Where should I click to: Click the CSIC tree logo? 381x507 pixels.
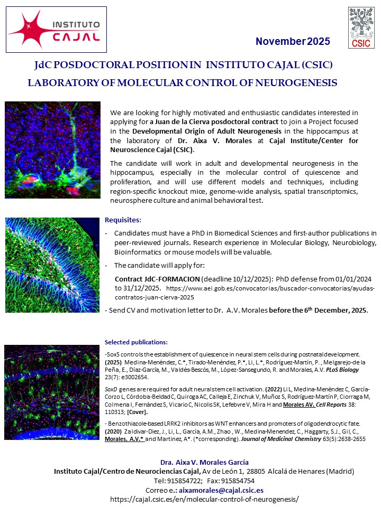(362, 27)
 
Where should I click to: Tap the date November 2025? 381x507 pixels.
(293, 42)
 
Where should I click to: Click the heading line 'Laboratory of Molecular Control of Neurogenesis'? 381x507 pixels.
(182, 83)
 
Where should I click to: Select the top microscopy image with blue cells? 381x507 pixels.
(52, 150)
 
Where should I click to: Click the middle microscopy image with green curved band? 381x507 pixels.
(52, 265)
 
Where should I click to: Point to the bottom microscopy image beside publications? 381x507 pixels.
(52, 392)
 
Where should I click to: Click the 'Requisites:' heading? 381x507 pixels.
(123, 220)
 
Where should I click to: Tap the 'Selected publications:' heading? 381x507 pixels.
(136, 342)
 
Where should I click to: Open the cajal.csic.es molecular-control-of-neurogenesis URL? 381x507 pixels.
(204, 499)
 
